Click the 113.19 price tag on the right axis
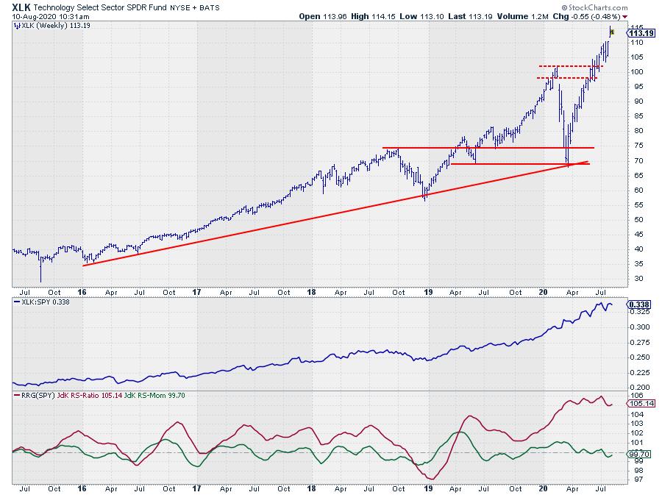(642, 32)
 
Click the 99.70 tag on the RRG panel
(639, 455)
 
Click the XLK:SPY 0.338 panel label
(43, 303)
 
